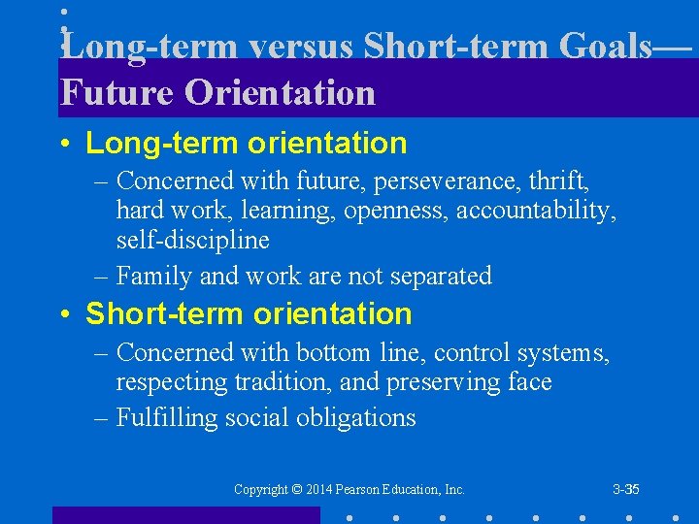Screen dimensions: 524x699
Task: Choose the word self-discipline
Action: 192,239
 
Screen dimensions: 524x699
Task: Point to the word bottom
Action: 324,352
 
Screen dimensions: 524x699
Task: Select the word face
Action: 530,382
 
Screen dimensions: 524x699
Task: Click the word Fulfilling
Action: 165,418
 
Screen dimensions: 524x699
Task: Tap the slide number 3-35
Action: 626,490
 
